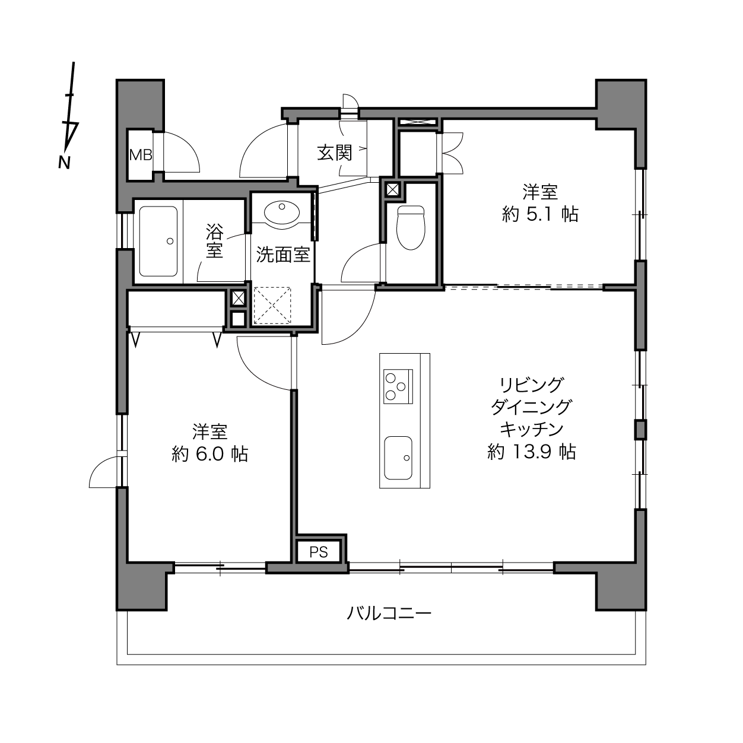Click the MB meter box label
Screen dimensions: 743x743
coord(141,155)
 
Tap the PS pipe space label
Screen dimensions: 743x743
coord(319,553)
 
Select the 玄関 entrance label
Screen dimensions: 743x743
coord(335,153)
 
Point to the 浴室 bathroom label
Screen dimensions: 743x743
coord(214,240)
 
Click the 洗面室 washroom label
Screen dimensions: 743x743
coord(284,255)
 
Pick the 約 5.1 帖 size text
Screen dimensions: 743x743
coord(540,214)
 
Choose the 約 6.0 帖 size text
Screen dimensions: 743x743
coord(209,454)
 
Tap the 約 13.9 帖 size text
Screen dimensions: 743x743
coord(532,452)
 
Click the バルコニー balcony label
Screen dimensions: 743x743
coord(389,613)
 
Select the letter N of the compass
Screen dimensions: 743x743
coord(65,163)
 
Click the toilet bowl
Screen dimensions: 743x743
coord(411,227)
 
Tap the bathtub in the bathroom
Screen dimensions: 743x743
coord(158,242)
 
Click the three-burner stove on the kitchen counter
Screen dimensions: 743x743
coord(398,386)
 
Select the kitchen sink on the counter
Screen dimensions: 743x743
coord(398,458)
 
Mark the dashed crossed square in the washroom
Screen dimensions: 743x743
coord(272,306)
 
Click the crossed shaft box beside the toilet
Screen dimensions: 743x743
coord(392,189)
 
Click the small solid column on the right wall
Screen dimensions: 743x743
coord(640,430)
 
